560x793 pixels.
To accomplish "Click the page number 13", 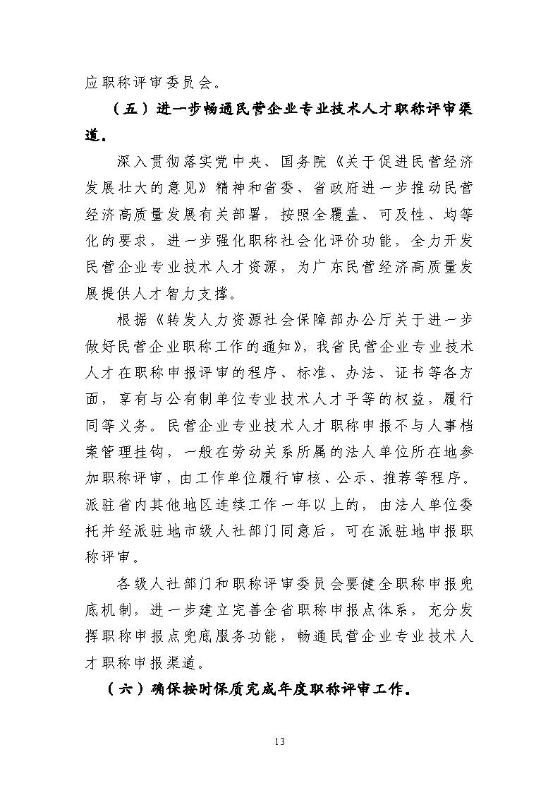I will (280, 741).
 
